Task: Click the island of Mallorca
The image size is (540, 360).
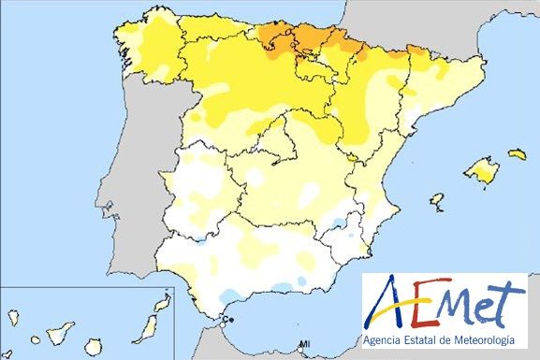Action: [483, 170]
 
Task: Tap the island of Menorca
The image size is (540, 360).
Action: [518, 153]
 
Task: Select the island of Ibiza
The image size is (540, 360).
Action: [436, 200]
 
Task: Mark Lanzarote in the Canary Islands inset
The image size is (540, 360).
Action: [163, 305]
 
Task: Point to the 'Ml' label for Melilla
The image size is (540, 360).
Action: [304, 345]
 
